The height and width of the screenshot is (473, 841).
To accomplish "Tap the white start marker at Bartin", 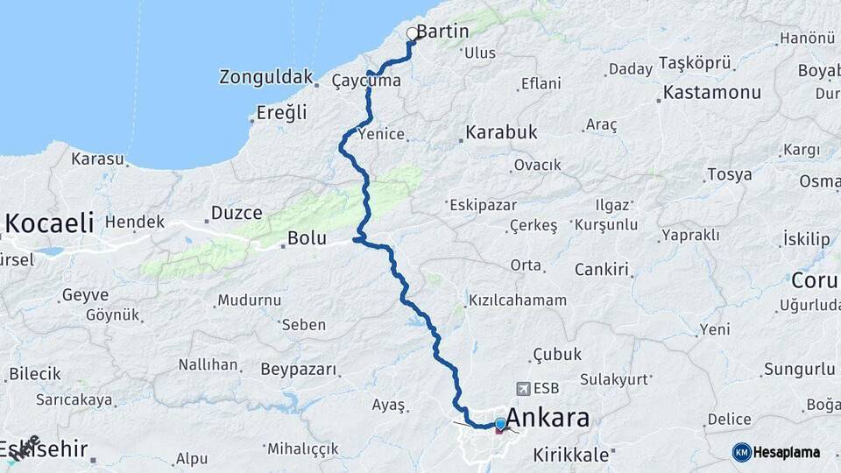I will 413,34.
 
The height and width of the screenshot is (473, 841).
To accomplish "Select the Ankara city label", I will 548,418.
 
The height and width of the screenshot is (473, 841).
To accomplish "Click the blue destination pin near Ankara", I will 500,424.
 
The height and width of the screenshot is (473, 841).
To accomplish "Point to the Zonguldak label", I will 266,78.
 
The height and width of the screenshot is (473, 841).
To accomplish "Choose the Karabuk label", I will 501,132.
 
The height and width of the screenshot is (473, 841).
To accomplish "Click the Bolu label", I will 307,238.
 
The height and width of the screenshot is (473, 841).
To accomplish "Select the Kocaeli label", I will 49,223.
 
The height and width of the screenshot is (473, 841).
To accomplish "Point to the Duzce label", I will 237,213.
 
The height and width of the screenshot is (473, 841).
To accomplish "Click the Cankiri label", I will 602,269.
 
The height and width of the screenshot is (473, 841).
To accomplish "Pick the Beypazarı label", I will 299,370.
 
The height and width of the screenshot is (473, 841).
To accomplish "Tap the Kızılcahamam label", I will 518,300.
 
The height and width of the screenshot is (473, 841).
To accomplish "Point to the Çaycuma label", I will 366,81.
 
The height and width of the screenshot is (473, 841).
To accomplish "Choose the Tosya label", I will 729,174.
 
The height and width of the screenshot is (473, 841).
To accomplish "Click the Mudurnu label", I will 250,300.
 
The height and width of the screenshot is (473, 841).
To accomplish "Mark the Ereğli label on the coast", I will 282,112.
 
